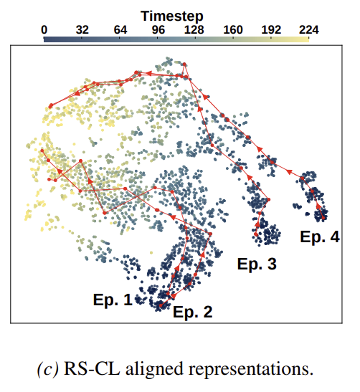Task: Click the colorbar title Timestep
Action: coord(172,16)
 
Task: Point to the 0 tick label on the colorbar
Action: coord(44,30)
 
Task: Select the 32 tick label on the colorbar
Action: coord(82,30)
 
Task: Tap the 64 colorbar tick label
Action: coord(120,30)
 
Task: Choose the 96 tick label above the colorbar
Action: coord(158,30)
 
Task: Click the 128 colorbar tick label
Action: coord(194,30)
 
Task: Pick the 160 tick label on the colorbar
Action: coord(233,30)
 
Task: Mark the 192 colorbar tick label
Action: coord(271,30)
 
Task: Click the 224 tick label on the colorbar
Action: coord(309,30)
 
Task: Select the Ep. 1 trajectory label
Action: coord(113,300)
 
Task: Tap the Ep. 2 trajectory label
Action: coord(193,312)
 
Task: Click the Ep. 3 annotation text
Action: coord(257,264)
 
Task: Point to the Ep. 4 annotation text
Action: coord(320,236)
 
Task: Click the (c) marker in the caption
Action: coord(47,369)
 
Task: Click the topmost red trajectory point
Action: coord(184,64)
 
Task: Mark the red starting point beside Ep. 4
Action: coord(323,218)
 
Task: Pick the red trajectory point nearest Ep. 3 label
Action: coord(256,234)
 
